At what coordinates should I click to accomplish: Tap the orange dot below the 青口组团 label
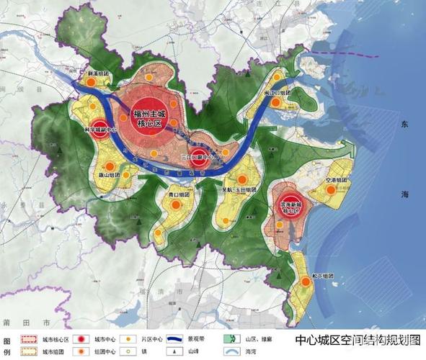pyautogui.click(x=174, y=206)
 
